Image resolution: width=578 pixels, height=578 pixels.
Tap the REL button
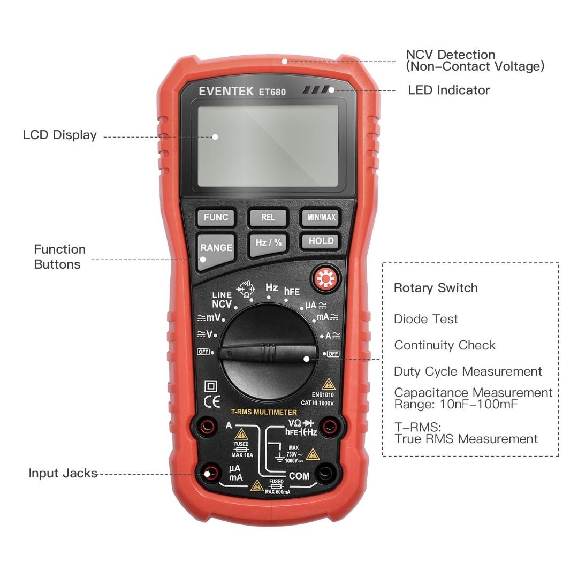click(x=268, y=217)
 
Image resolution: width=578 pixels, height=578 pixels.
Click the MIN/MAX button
click(x=321, y=217)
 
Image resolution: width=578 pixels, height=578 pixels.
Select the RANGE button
click(x=216, y=248)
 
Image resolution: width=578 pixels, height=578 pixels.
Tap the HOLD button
click(x=321, y=241)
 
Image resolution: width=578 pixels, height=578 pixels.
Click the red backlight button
click(x=324, y=279)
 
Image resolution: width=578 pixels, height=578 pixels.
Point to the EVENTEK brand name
click(x=226, y=92)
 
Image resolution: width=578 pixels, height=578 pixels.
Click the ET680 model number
click(x=272, y=92)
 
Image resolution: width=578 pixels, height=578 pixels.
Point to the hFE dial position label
click(x=292, y=292)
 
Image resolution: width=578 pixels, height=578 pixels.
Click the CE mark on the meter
click(x=212, y=401)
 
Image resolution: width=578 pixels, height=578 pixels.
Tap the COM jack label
click(x=299, y=476)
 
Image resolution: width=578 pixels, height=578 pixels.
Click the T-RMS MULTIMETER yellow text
click(x=264, y=412)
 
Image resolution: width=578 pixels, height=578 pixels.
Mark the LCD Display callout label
click(x=59, y=135)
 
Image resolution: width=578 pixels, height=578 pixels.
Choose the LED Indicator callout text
click(x=448, y=90)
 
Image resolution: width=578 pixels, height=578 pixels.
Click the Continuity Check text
click(x=445, y=345)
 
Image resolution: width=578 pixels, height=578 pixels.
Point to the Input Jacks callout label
click(x=63, y=473)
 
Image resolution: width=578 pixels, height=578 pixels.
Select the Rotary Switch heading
click(x=436, y=288)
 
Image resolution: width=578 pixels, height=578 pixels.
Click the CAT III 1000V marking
click(x=321, y=402)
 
